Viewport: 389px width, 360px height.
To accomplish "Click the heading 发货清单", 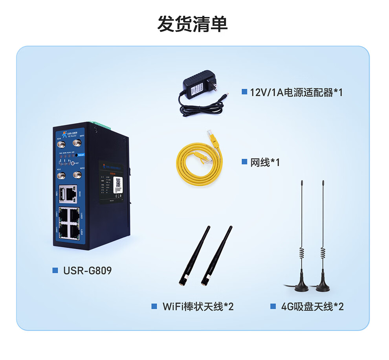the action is [193, 24].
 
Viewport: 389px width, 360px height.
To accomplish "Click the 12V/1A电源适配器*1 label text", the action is [296, 93].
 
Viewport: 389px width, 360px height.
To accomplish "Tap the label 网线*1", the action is [265, 162].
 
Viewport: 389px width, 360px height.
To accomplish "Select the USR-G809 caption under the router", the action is [87, 270].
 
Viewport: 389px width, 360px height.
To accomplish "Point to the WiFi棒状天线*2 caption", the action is [198, 307].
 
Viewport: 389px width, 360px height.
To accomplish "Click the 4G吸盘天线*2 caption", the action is [312, 307].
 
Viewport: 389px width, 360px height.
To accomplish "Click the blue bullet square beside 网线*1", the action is [244, 162].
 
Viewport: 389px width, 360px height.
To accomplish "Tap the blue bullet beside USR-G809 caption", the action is [55, 270].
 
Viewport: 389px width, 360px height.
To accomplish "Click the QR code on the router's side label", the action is [118, 183].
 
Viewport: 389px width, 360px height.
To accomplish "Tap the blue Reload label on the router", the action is [80, 155].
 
